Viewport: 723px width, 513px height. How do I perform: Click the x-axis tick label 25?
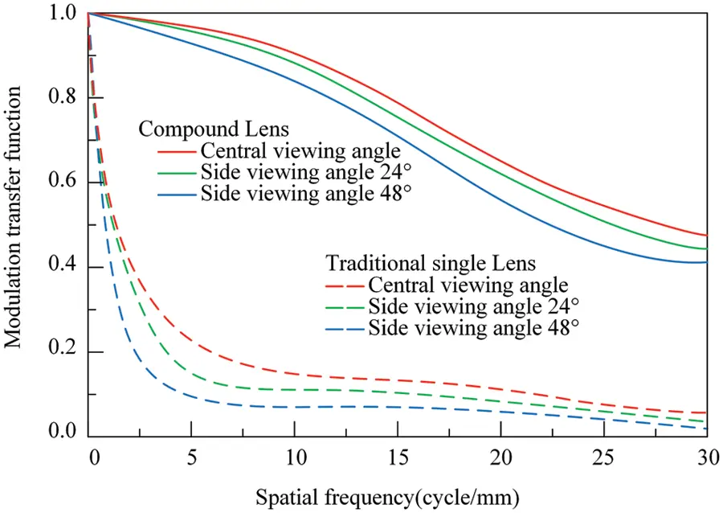point(602,456)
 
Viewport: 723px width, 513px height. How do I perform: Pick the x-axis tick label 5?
point(191,456)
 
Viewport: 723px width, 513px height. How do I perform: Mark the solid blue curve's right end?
point(705,261)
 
